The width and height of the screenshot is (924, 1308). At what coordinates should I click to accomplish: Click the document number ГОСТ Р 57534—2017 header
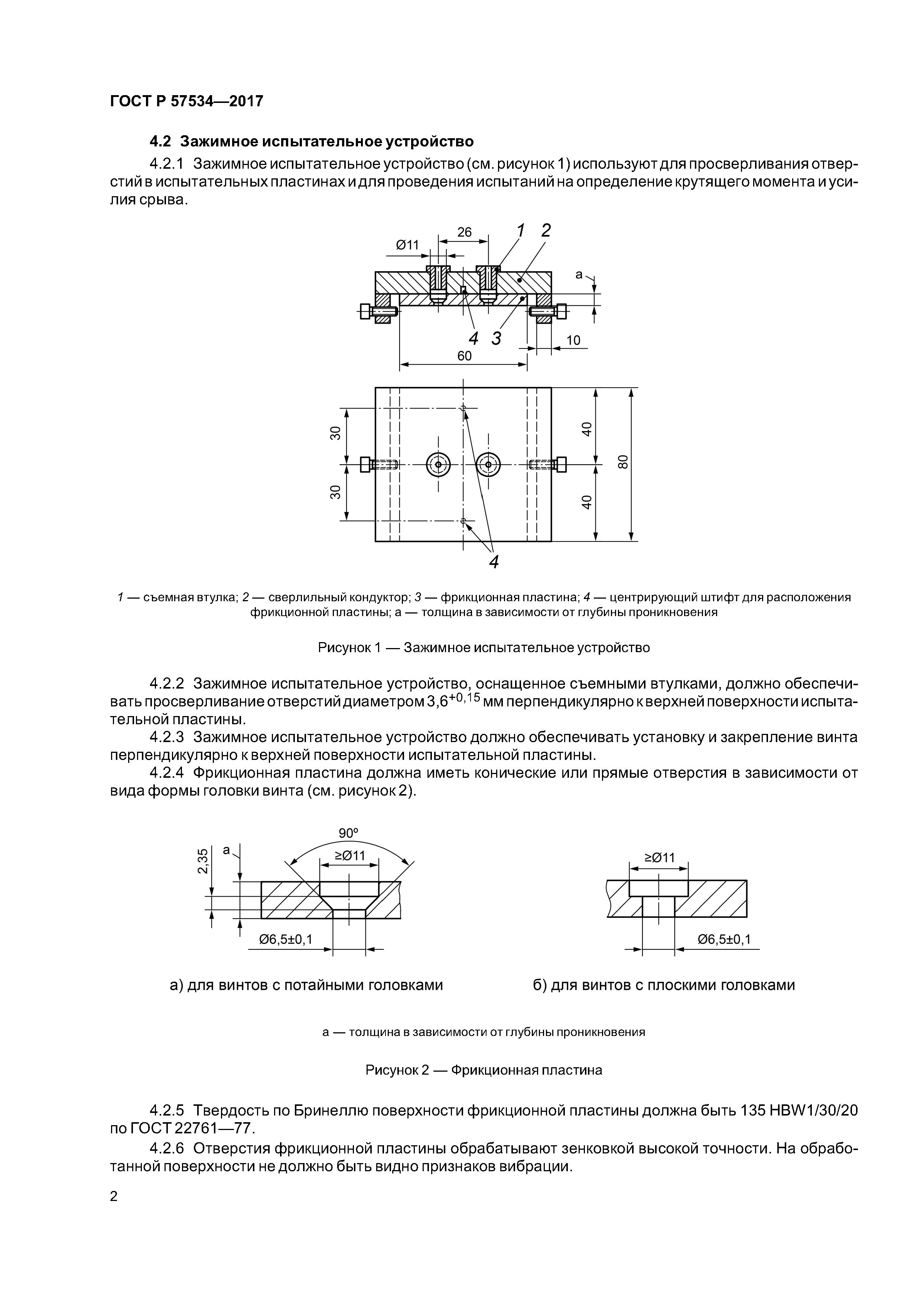pyautogui.click(x=186, y=101)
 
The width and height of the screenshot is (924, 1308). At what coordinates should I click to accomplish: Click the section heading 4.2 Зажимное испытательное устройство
pyautogui.click(x=312, y=141)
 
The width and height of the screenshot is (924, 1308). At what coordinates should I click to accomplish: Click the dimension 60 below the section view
pyautogui.click(x=464, y=356)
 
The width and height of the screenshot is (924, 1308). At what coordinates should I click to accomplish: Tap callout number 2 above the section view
pyautogui.click(x=546, y=231)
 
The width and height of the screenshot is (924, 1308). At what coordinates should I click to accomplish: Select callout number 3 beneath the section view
pyautogui.click(x=497, y=339)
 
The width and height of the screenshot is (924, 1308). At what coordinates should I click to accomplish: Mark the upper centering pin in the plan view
pyautogui.click(x=463, y=408)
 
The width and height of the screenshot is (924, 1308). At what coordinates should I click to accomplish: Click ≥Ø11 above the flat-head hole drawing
pyautogui.click(x=659, y=857)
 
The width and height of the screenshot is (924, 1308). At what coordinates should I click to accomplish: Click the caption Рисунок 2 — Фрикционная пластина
pyautogui.click(x=483, y=1070)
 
